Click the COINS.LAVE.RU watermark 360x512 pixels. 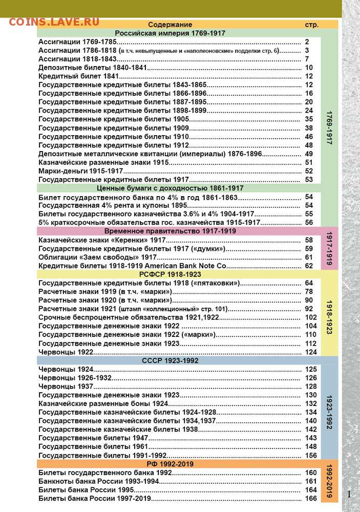pyautogui.click(x=53, y=22)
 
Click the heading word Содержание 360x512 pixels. pyautogui.click(x=170, y=25)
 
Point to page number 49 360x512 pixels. pyautogui.click(x=308, y=154)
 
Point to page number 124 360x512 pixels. pyautogui.click(x=310, y=352)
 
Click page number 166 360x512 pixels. pyautogui.click(x=310, y=499)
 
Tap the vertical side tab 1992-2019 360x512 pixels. pyautogui.click(x=329, y=482)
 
